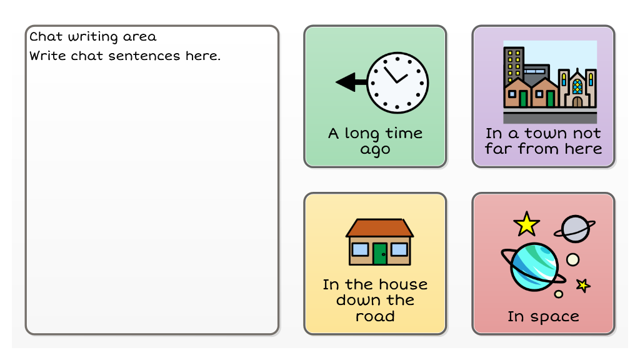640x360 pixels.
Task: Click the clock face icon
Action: [397, 82]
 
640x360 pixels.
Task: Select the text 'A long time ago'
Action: [375, 141]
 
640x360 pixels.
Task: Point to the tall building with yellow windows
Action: [514, 64]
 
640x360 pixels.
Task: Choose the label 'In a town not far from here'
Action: [543, 141]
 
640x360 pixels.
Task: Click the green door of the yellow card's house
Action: [380, 254]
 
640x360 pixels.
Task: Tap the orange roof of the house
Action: [379, 227]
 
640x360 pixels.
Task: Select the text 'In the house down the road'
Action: [375, 300]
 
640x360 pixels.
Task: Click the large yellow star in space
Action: [526, 224]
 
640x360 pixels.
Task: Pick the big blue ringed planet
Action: [534, 267]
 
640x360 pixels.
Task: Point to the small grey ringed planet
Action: [575, 229]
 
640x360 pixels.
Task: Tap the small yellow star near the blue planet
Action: [583, 285]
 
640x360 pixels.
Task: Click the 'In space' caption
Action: [543, 317]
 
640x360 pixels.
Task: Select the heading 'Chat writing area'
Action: [92, 37]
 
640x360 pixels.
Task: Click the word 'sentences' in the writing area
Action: [144, 56]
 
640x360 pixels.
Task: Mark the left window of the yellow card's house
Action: [360, 249]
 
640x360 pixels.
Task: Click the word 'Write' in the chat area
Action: [47, 56]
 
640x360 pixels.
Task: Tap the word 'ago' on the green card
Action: [375, 150]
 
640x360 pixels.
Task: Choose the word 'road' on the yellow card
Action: [375, 316]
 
